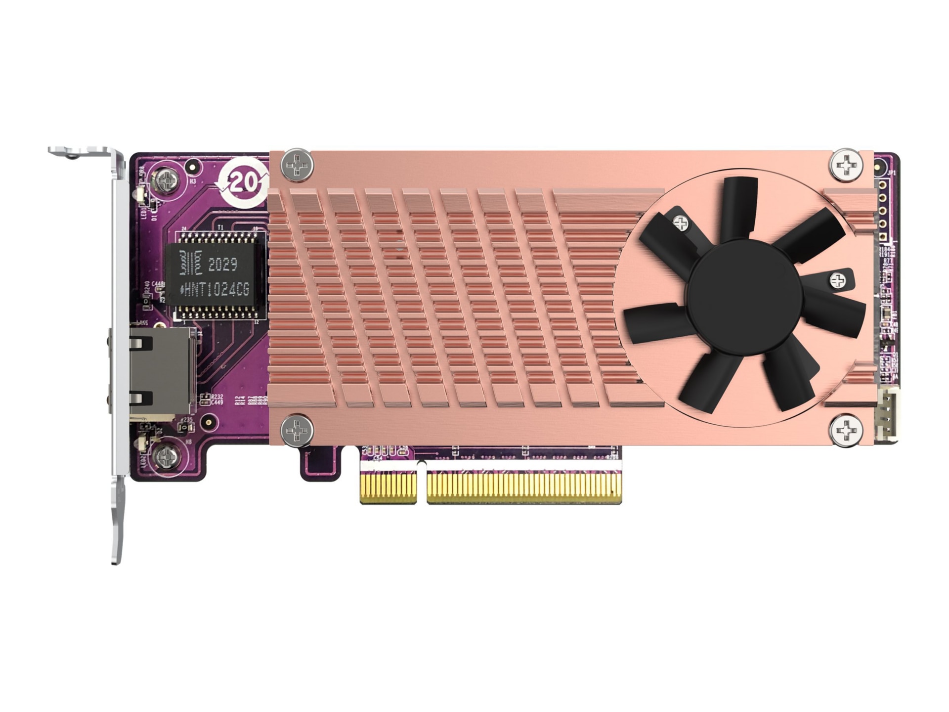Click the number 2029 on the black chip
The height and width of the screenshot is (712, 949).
(222, 265)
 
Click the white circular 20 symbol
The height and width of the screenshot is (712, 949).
(241, 183)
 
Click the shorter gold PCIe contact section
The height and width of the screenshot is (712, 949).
(388, 488)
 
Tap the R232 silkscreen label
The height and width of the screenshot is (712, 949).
(216, 397)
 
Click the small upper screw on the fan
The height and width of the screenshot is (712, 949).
(681, 224)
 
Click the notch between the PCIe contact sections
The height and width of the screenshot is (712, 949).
(421, 482)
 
